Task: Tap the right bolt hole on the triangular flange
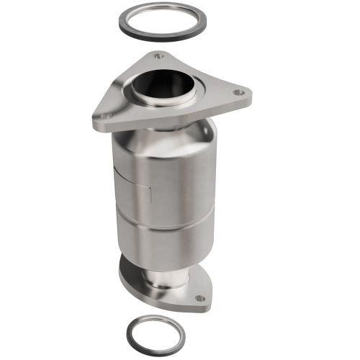240,92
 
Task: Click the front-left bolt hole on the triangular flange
106,114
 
